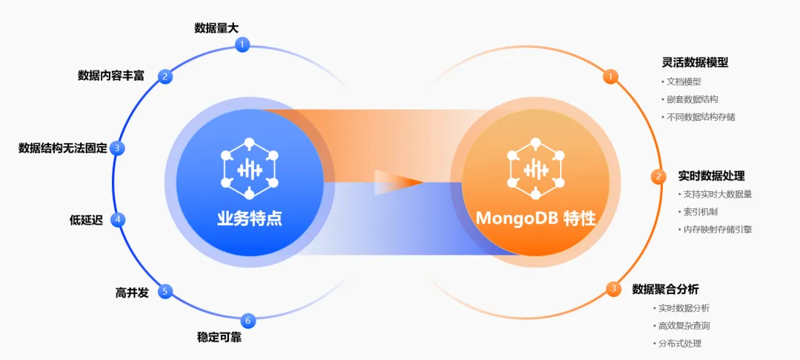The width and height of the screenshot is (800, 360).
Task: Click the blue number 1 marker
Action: tap(241, 45)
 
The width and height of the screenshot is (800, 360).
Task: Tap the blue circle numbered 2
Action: tap(166, 76)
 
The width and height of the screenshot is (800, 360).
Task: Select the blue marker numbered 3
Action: tap(117, 148)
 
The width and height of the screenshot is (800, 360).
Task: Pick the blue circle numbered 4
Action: tap(117, 219)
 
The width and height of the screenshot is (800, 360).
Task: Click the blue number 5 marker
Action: tap(166, 291)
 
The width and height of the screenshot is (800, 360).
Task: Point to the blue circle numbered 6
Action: tap(249, 321)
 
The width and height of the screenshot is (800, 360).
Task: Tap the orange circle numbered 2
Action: tap(658, 176)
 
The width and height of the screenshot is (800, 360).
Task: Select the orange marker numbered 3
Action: tap(613, 289)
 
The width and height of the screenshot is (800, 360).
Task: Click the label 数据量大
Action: tap(216, 28)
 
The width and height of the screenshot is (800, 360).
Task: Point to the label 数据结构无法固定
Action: tap(62, 148)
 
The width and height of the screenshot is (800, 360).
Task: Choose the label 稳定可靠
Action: tap(219, 338)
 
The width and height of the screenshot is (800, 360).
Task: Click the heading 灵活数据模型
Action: tap(695, 62)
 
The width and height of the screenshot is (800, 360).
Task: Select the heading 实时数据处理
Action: tap(711, 176)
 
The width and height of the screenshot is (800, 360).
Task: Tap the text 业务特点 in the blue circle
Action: tap(249, 219)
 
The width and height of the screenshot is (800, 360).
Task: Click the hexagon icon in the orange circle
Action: tap(536, 170)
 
